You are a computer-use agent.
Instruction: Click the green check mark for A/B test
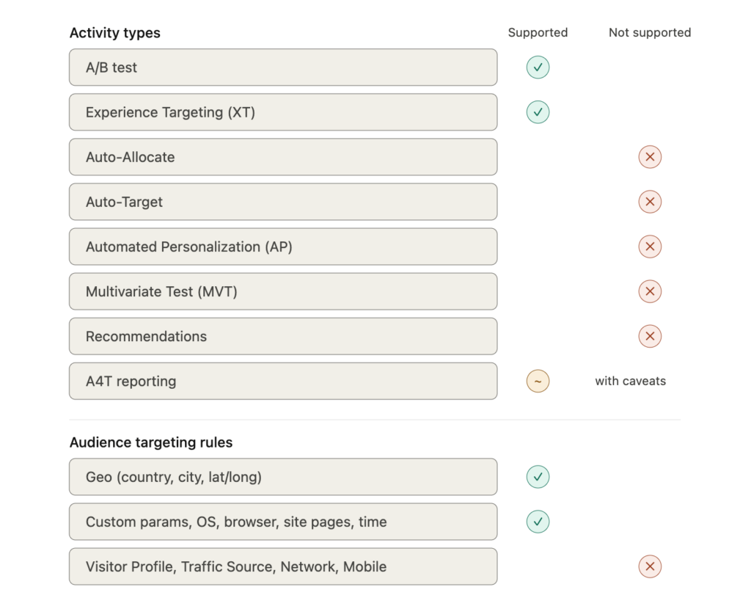tap(538, 67)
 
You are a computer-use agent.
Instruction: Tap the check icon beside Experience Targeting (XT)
tap(538, 112)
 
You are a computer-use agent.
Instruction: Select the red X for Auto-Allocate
tap(650, 157)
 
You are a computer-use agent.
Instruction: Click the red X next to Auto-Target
tap(650, 202)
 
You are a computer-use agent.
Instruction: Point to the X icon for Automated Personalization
tap(650, 247)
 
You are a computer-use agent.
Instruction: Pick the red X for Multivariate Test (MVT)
tap(650, 291)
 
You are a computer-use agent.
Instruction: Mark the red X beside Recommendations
tap(650, 336)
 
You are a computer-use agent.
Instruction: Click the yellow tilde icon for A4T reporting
tap(538, 381)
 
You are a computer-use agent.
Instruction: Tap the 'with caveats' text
tap(630, 381)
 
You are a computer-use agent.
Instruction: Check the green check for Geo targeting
tap(538, 477)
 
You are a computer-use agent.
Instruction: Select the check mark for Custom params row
tap(538, 522)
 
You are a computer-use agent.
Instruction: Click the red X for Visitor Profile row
tap(650, 566)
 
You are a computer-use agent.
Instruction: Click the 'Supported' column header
tap(538, 32)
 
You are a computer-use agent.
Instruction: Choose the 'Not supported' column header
tap(650, 32)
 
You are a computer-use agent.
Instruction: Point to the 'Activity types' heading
tap(115, 33)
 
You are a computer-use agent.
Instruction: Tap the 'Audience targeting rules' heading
tap(151, 442)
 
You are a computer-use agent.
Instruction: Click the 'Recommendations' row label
tap(146, 336)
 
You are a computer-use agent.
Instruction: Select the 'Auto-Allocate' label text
tap(131, 157)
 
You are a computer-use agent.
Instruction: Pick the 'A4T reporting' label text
tap(131, 382)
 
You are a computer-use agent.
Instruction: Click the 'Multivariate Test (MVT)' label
tap(161, 291)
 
